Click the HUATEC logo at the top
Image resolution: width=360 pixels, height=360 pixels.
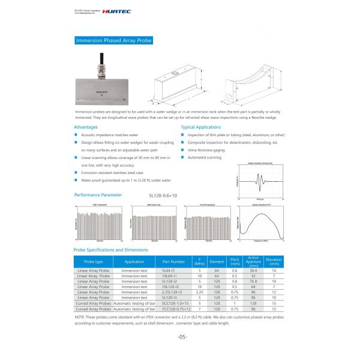118,10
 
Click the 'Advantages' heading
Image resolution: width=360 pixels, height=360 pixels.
85,128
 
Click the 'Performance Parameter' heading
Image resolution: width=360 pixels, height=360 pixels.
98,195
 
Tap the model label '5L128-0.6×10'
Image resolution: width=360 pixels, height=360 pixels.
164,196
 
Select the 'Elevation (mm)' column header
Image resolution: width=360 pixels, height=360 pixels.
273,262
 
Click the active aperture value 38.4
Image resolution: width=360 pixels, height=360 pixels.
253,271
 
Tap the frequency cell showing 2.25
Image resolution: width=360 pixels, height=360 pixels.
200,292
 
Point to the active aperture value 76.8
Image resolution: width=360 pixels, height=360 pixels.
253,281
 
